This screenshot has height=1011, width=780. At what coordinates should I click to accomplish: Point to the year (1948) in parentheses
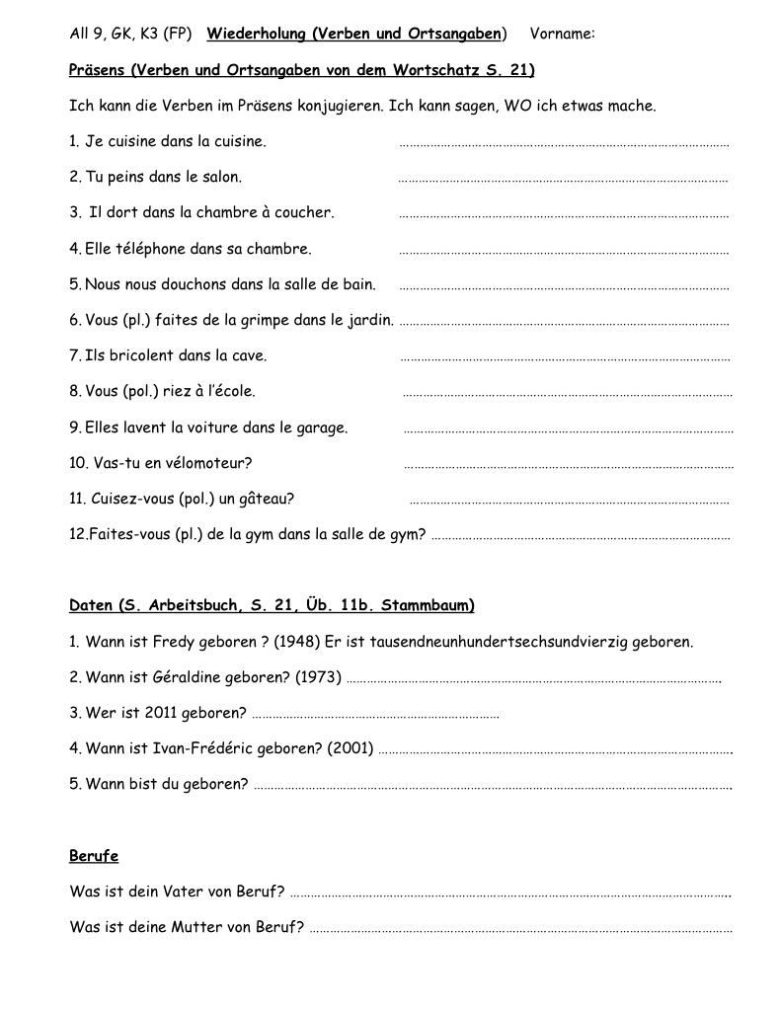point(297,642)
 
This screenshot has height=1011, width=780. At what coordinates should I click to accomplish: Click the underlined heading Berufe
point(94,856)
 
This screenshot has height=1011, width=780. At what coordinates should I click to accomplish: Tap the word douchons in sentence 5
point(195,284)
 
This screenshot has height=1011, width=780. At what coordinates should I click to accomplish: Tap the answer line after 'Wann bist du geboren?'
point(493,786)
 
